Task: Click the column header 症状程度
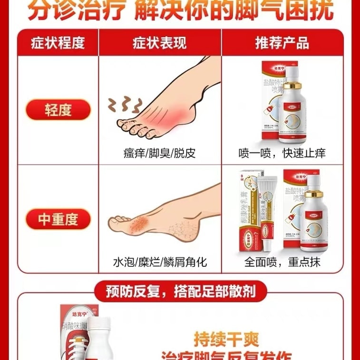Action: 58,43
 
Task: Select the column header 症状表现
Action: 160,43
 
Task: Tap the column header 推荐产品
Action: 282,43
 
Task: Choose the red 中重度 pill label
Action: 58,219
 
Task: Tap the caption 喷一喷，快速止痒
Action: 282,153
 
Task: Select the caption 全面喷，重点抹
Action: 282,262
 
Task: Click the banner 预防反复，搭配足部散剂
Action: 179,290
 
